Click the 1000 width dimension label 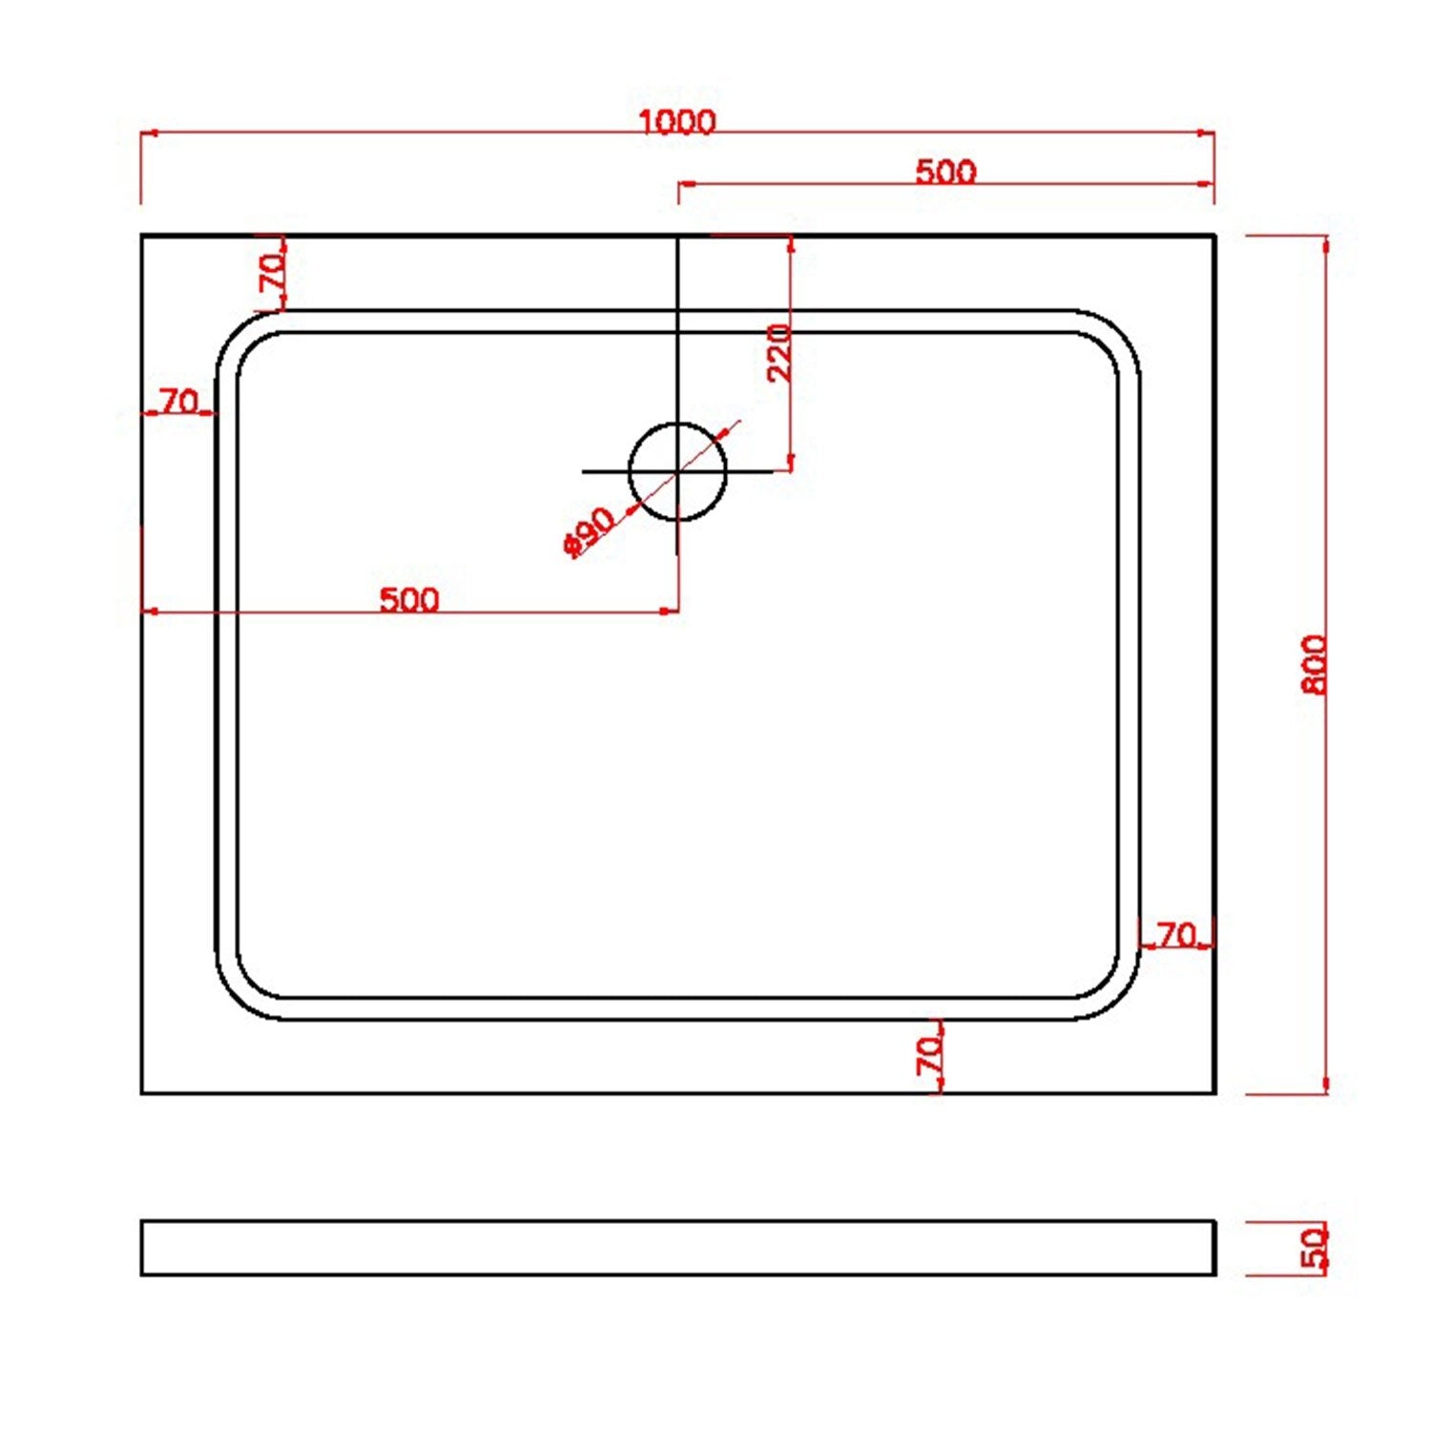point(676,122)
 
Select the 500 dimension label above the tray point(945,172)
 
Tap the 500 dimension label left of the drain point(409,600)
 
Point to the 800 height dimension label point(1314,665)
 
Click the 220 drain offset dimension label point(779,352)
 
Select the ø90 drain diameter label point(589,531)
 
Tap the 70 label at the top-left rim point(272,274)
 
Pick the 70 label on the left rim point(179,402)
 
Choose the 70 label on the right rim point(1177,936)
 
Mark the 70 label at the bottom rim point(928,1055)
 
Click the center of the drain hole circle point(677,471)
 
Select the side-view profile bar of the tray point(677,1248)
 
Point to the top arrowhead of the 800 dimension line point(1325,242)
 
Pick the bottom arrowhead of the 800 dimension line point(1325,1087)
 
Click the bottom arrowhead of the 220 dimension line point(790,465)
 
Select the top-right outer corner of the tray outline point(1214,236)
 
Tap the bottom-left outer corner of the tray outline point(142,1092)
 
